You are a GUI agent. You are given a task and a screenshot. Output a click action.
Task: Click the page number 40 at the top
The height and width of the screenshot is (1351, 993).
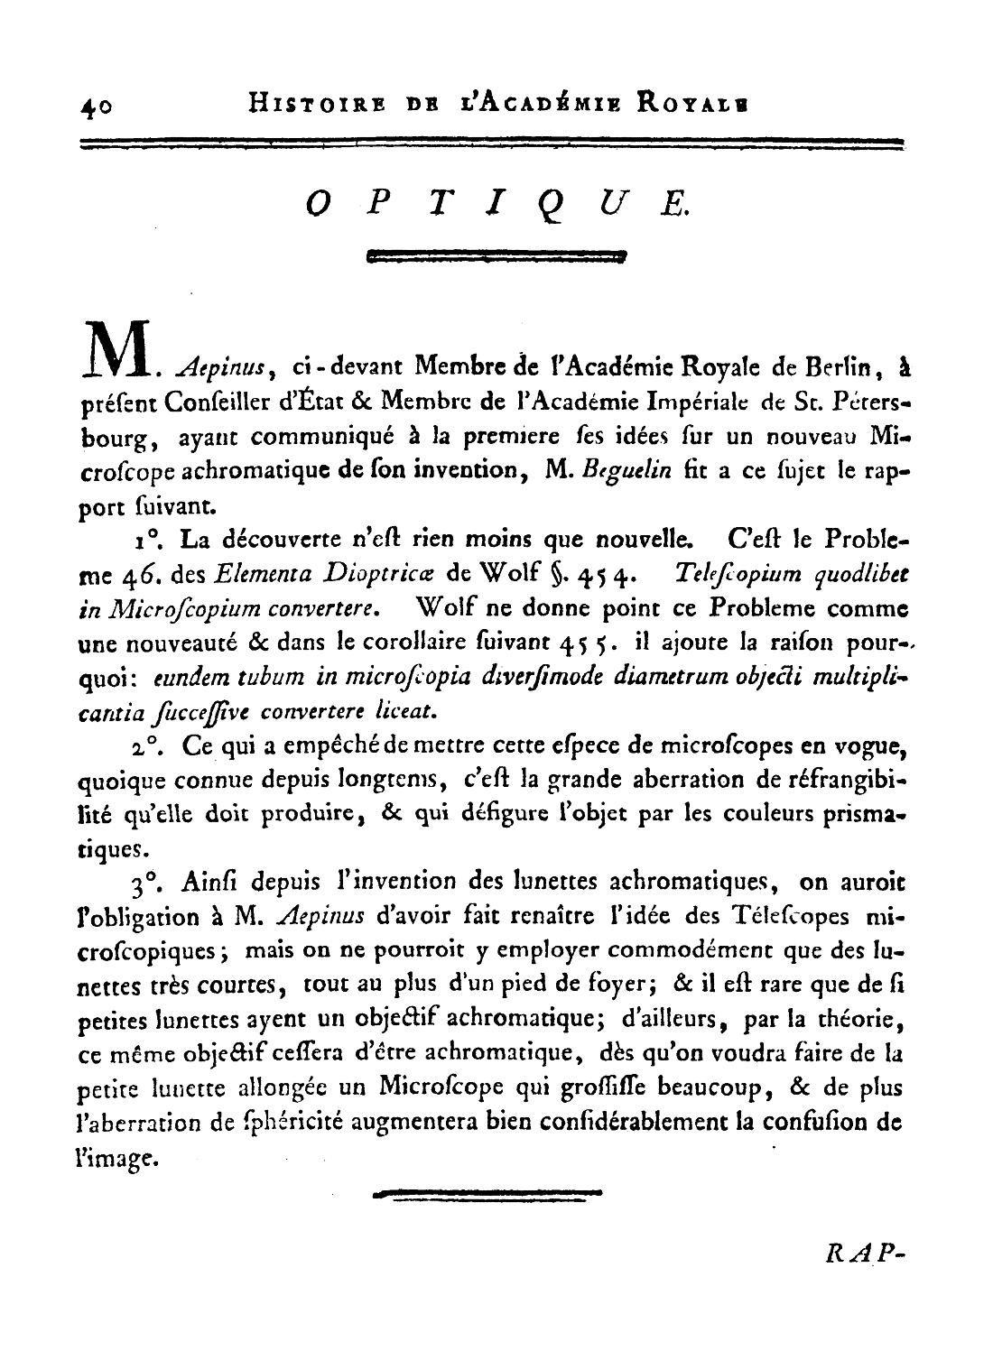(x=95, y=106)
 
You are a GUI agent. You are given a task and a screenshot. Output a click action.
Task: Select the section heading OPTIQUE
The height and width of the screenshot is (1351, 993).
(x=496, y=204)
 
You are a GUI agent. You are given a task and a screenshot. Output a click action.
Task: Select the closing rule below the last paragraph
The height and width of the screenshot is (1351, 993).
(x=487, y=1194)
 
